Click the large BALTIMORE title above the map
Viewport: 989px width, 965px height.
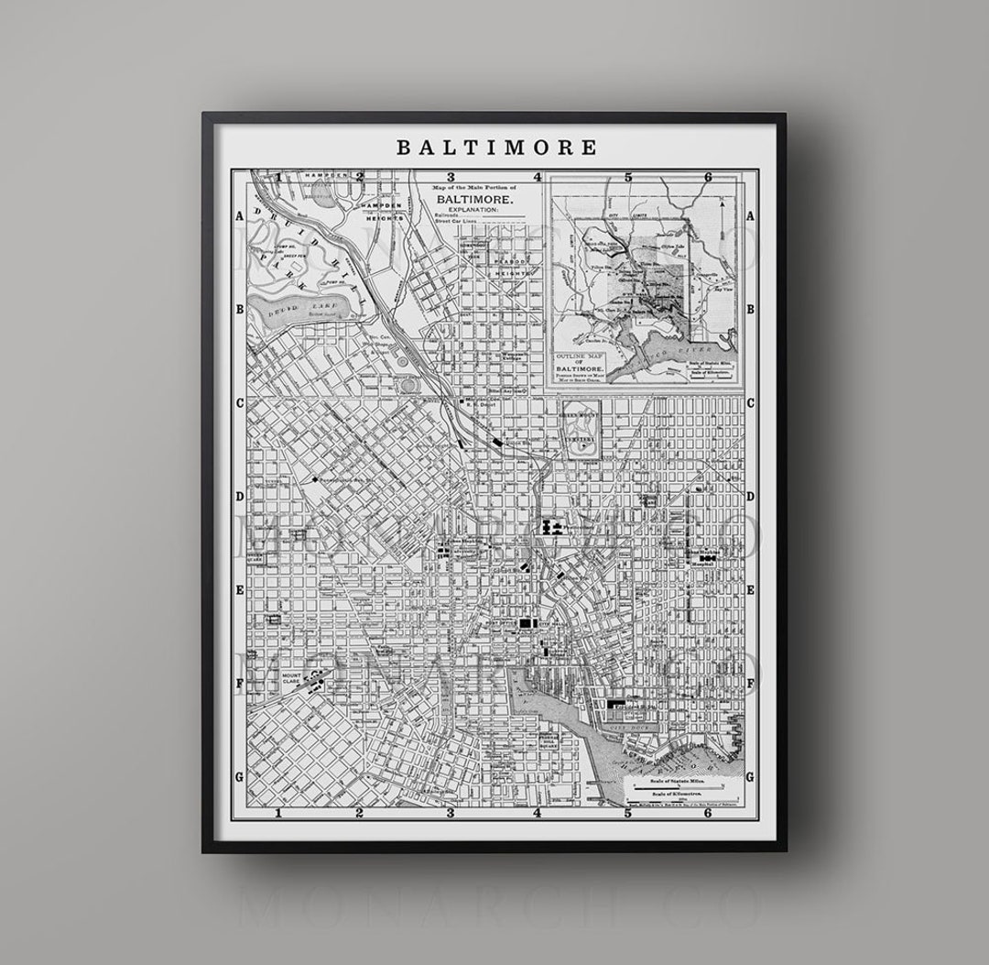[x=495, y=147]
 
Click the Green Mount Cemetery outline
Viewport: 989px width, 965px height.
[x=581, y=429]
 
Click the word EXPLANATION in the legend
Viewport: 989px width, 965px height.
[x=473, y=210]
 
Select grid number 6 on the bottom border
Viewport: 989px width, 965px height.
[x=708, y=812]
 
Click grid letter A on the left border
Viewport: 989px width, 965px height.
[x=239, y=216]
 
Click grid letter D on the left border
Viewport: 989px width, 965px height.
[x=239, y=496]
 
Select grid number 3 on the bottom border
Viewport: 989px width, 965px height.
[x=450, y=812]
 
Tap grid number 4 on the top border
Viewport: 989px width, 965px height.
[x=538, y=178]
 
